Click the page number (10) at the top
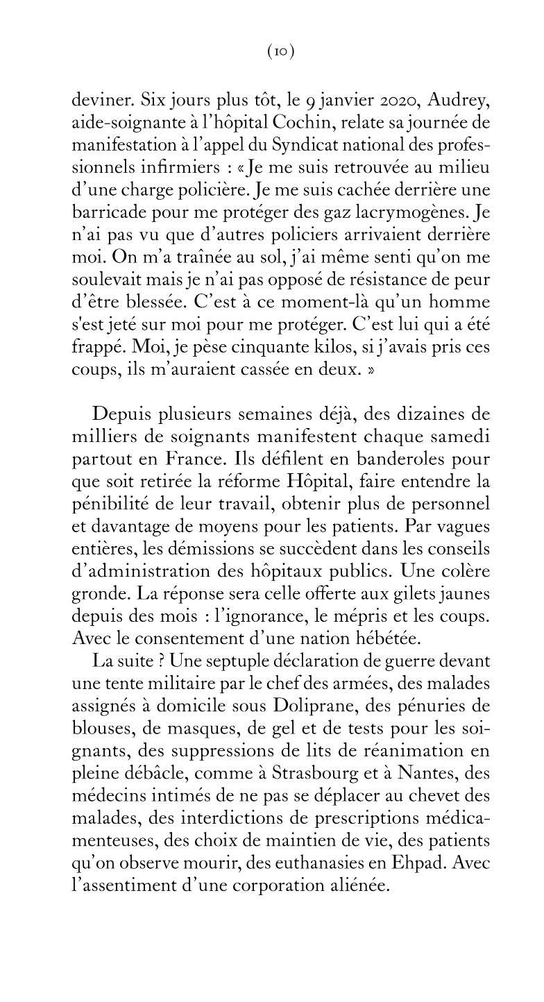(x=281, y=53)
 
